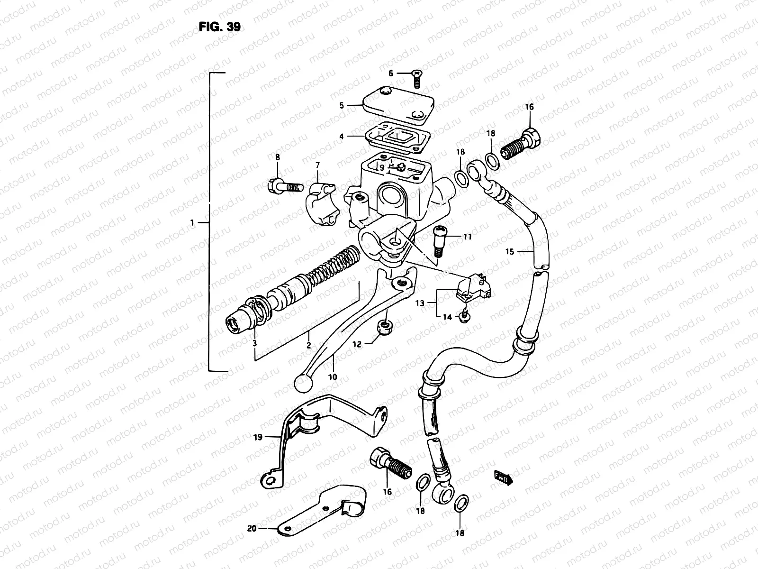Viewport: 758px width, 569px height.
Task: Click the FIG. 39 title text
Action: (219, 27)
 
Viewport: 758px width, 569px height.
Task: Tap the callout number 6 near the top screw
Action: (391, 73)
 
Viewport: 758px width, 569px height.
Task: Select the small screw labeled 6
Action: (417, 79)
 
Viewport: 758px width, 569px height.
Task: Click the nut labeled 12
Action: (383, 326)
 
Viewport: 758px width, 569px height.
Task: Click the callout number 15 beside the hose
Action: (509, 252)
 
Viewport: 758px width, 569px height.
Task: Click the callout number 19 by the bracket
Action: (258, 437)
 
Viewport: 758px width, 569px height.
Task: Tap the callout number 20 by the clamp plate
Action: (252, 528)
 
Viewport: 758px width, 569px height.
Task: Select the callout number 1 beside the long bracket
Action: (192, 222)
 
